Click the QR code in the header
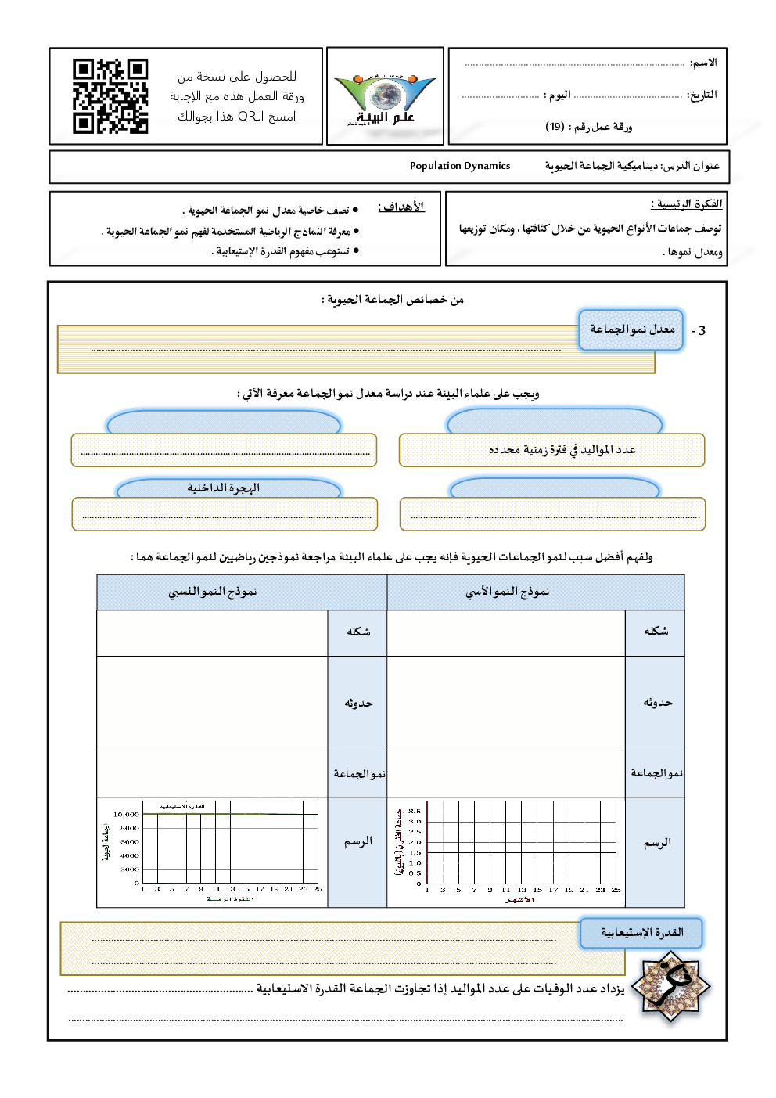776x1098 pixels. [x=110, y=96]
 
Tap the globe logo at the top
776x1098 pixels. [x=384, y=95]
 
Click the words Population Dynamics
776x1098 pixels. [x=460, y=166]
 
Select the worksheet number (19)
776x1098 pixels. [x=555, y=127]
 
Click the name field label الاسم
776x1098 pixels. [x=703, y=63]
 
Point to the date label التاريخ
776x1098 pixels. [x=702, y=95]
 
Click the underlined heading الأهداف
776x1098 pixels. [x=401, y=207]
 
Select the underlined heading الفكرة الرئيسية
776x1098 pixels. [x=686, y=204]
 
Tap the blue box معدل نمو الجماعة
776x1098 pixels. [x=632, y=329]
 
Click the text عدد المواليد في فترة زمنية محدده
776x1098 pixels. [x=562, y=450]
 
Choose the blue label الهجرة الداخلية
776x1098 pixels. [x=223, y=488]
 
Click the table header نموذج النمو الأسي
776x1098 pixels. [x=508, y=592]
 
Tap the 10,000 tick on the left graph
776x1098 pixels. [x=126, y=815]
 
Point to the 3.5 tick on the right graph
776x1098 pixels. [x=415, y=812]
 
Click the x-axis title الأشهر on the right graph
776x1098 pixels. [x=519, y=900]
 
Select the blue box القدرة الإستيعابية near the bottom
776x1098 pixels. [x=641, y=933]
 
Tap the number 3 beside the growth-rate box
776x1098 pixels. [x=702, y=331]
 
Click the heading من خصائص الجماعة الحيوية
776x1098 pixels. [x=393, y=300]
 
